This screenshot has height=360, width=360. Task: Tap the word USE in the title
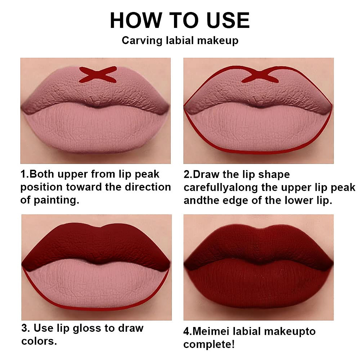(228, 21)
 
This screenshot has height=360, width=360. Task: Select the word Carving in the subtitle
(142, 40)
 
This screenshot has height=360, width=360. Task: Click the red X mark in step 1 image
(97, 74)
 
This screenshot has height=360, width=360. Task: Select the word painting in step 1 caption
(56, 200)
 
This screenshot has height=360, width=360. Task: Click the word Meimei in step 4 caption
(211, 331)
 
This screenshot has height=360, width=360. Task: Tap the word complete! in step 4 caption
(209, 344)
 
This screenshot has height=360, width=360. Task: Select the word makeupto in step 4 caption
(290, 332)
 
